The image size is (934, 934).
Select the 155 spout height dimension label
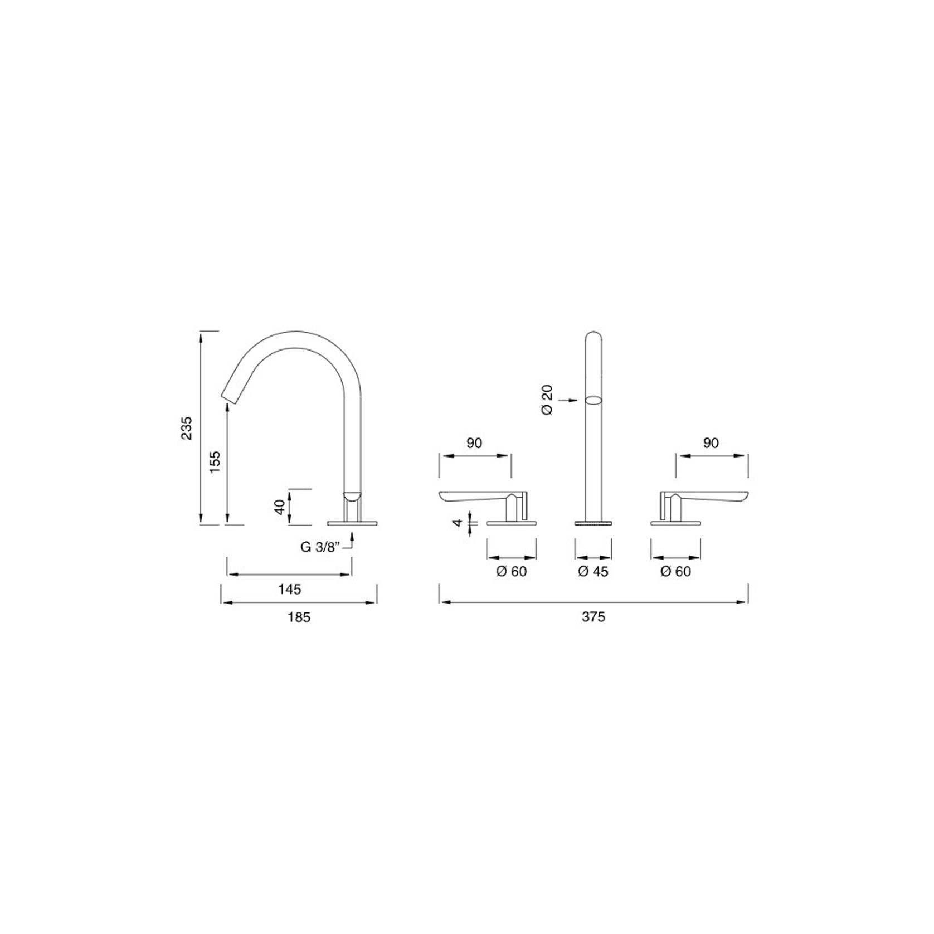pos(216,461)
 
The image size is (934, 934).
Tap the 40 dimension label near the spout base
pos(280,507)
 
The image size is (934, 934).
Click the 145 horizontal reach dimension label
pos(290,589)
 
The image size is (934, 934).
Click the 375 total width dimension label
pos(594,617)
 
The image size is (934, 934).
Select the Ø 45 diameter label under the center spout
pos(593,572)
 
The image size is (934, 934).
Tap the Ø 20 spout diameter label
pos(547,400)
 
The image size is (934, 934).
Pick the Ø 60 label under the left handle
pos(511,572)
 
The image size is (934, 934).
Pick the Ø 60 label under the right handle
pos(675,572)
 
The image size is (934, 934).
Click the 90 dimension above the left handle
pos(474,443)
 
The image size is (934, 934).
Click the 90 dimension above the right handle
pos(711,443)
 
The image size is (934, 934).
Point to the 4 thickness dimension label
pos(458,523)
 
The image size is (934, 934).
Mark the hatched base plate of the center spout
pos(593,523)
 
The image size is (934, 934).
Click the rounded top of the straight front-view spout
pos(594,337)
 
